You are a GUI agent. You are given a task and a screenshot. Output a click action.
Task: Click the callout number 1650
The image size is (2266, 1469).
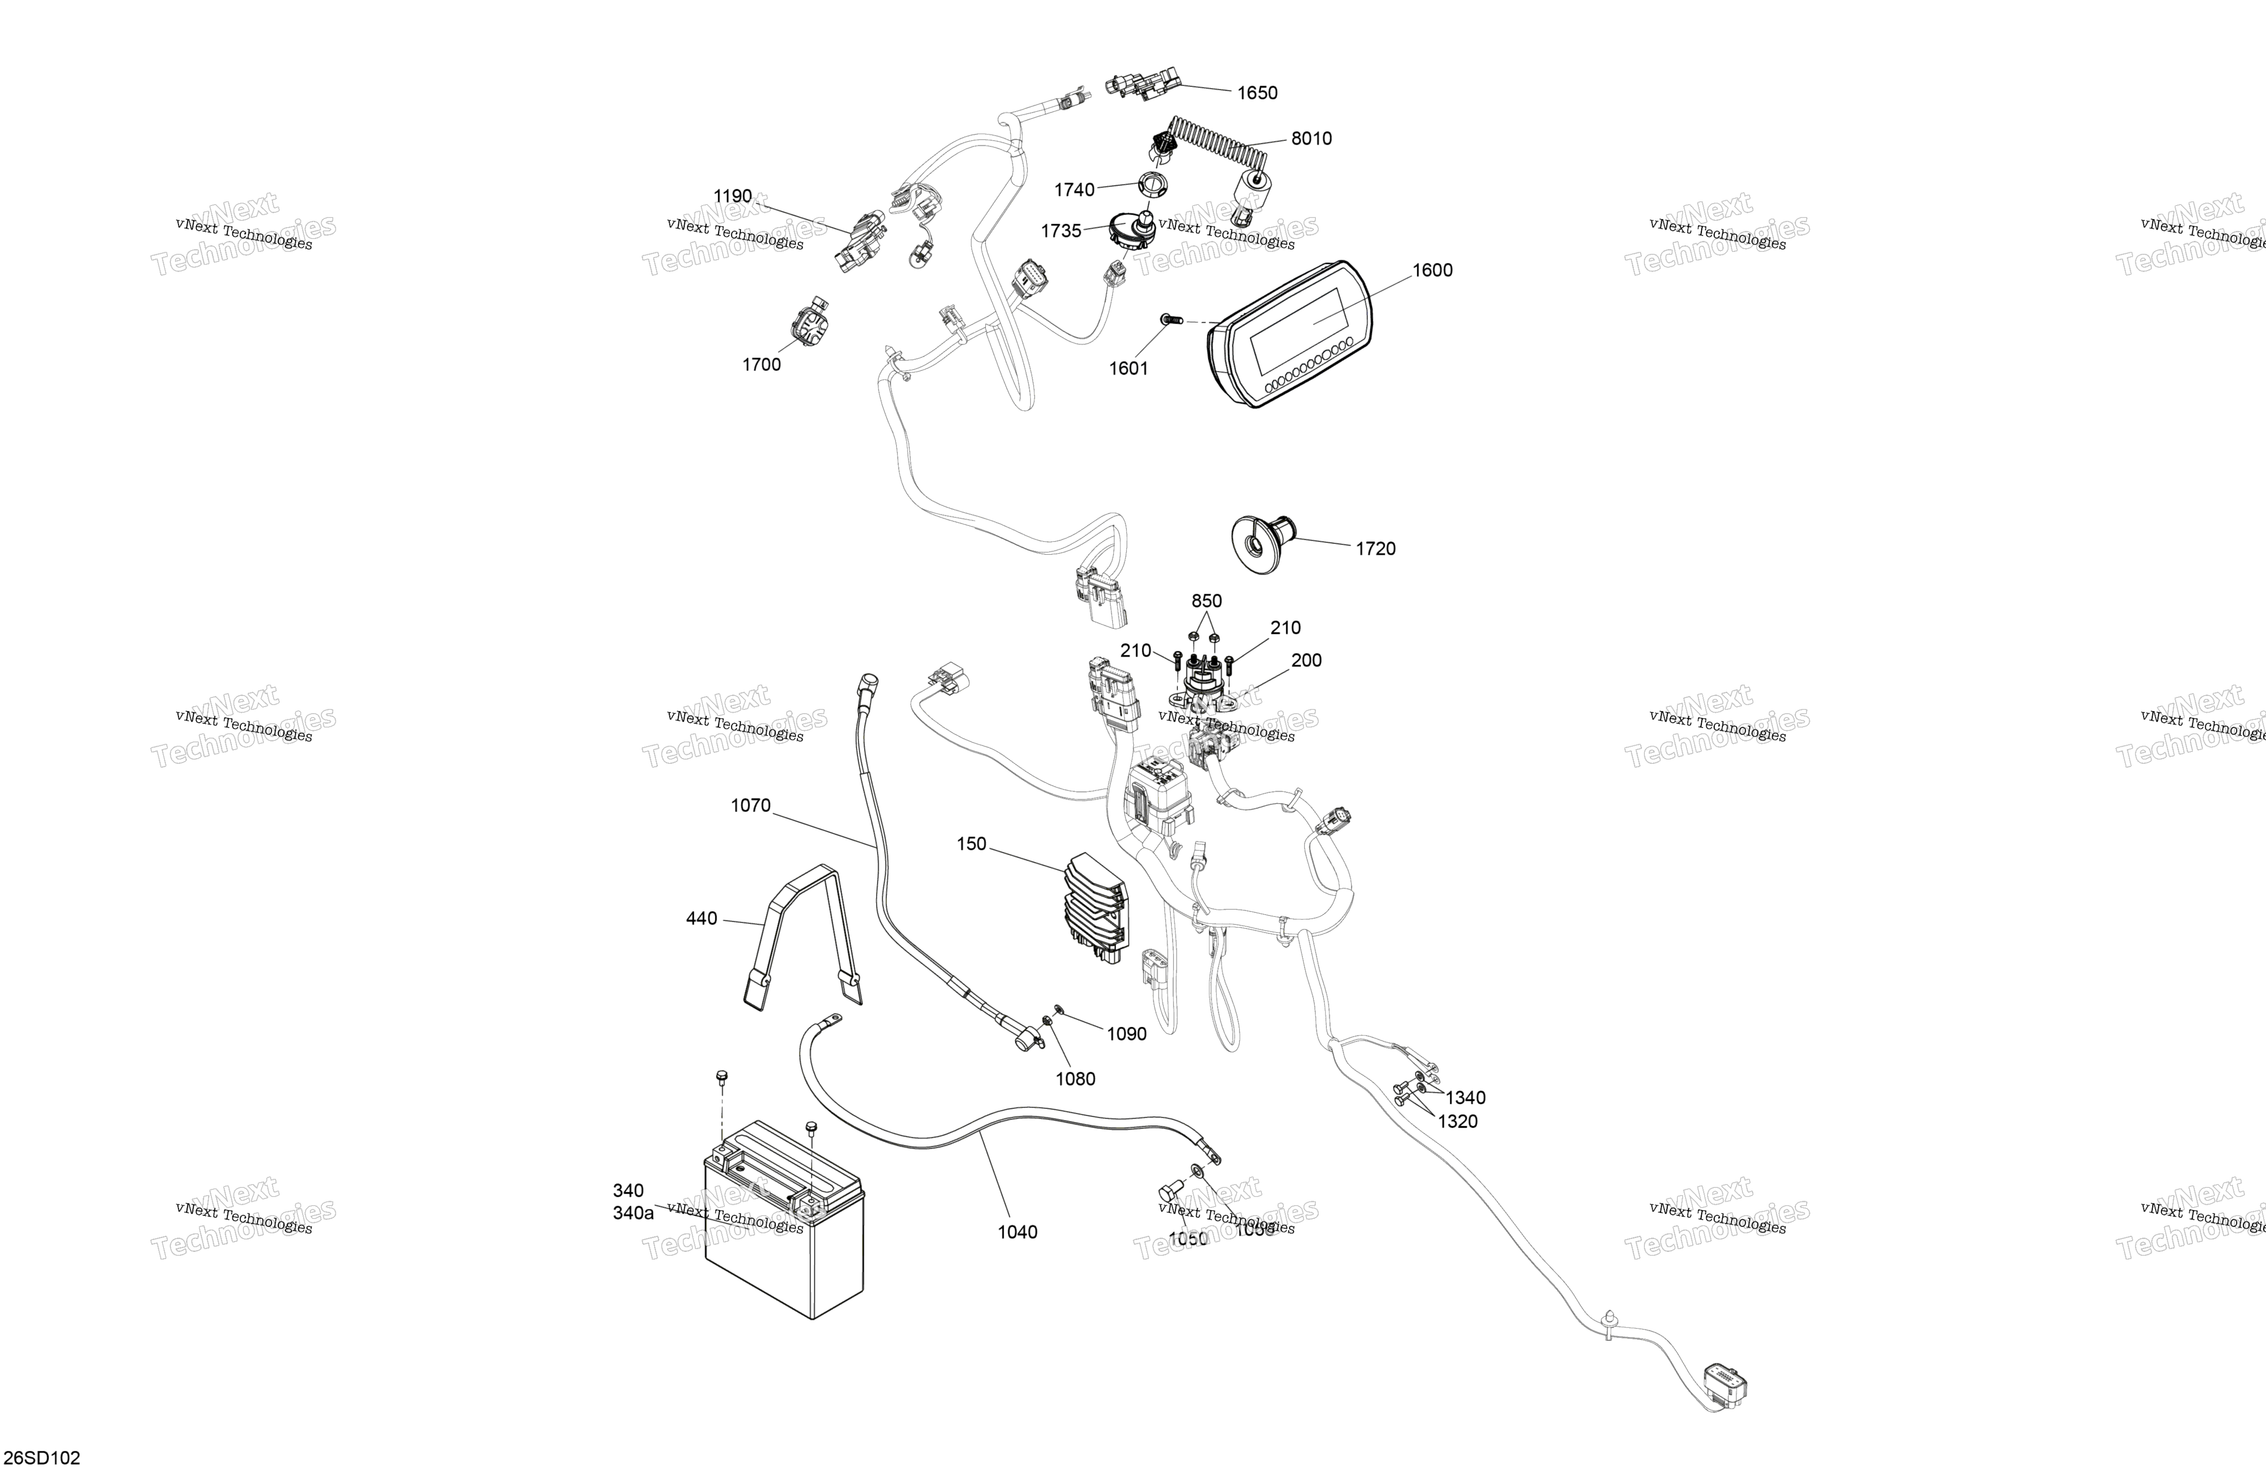1257,92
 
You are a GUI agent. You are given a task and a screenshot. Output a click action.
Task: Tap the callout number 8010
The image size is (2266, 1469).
1311,139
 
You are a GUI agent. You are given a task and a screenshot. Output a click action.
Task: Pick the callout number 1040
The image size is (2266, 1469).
1017,1232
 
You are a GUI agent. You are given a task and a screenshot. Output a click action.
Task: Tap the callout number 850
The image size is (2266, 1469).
1206,601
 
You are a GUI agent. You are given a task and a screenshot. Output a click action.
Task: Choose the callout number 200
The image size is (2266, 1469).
1306,661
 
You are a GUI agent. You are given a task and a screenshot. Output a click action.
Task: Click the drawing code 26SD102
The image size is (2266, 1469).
43,1458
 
